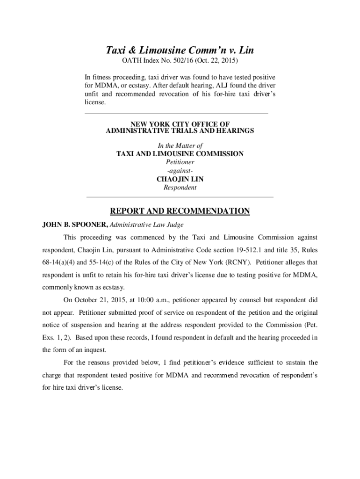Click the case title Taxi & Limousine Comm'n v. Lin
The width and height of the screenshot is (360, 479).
[x=180, y=51]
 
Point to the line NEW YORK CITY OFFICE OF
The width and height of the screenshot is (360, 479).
[x=180, y=124]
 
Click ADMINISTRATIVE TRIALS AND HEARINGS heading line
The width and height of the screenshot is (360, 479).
[x=180, y=131]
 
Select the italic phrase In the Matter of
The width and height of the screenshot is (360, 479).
[x=180, y=146]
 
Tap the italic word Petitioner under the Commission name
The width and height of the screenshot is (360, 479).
[x=180, y=162]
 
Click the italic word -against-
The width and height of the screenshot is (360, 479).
[x=180, y=171]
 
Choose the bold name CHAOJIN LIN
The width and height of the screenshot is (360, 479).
[x=180, y=179]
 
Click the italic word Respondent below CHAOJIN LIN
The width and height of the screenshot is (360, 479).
[x=180, y=188]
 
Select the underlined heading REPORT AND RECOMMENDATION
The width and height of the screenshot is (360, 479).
[x=180, y=211]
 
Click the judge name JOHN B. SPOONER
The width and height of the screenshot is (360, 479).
[x=74, y=225]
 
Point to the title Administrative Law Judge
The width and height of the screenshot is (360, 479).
[x=146, y=225]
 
